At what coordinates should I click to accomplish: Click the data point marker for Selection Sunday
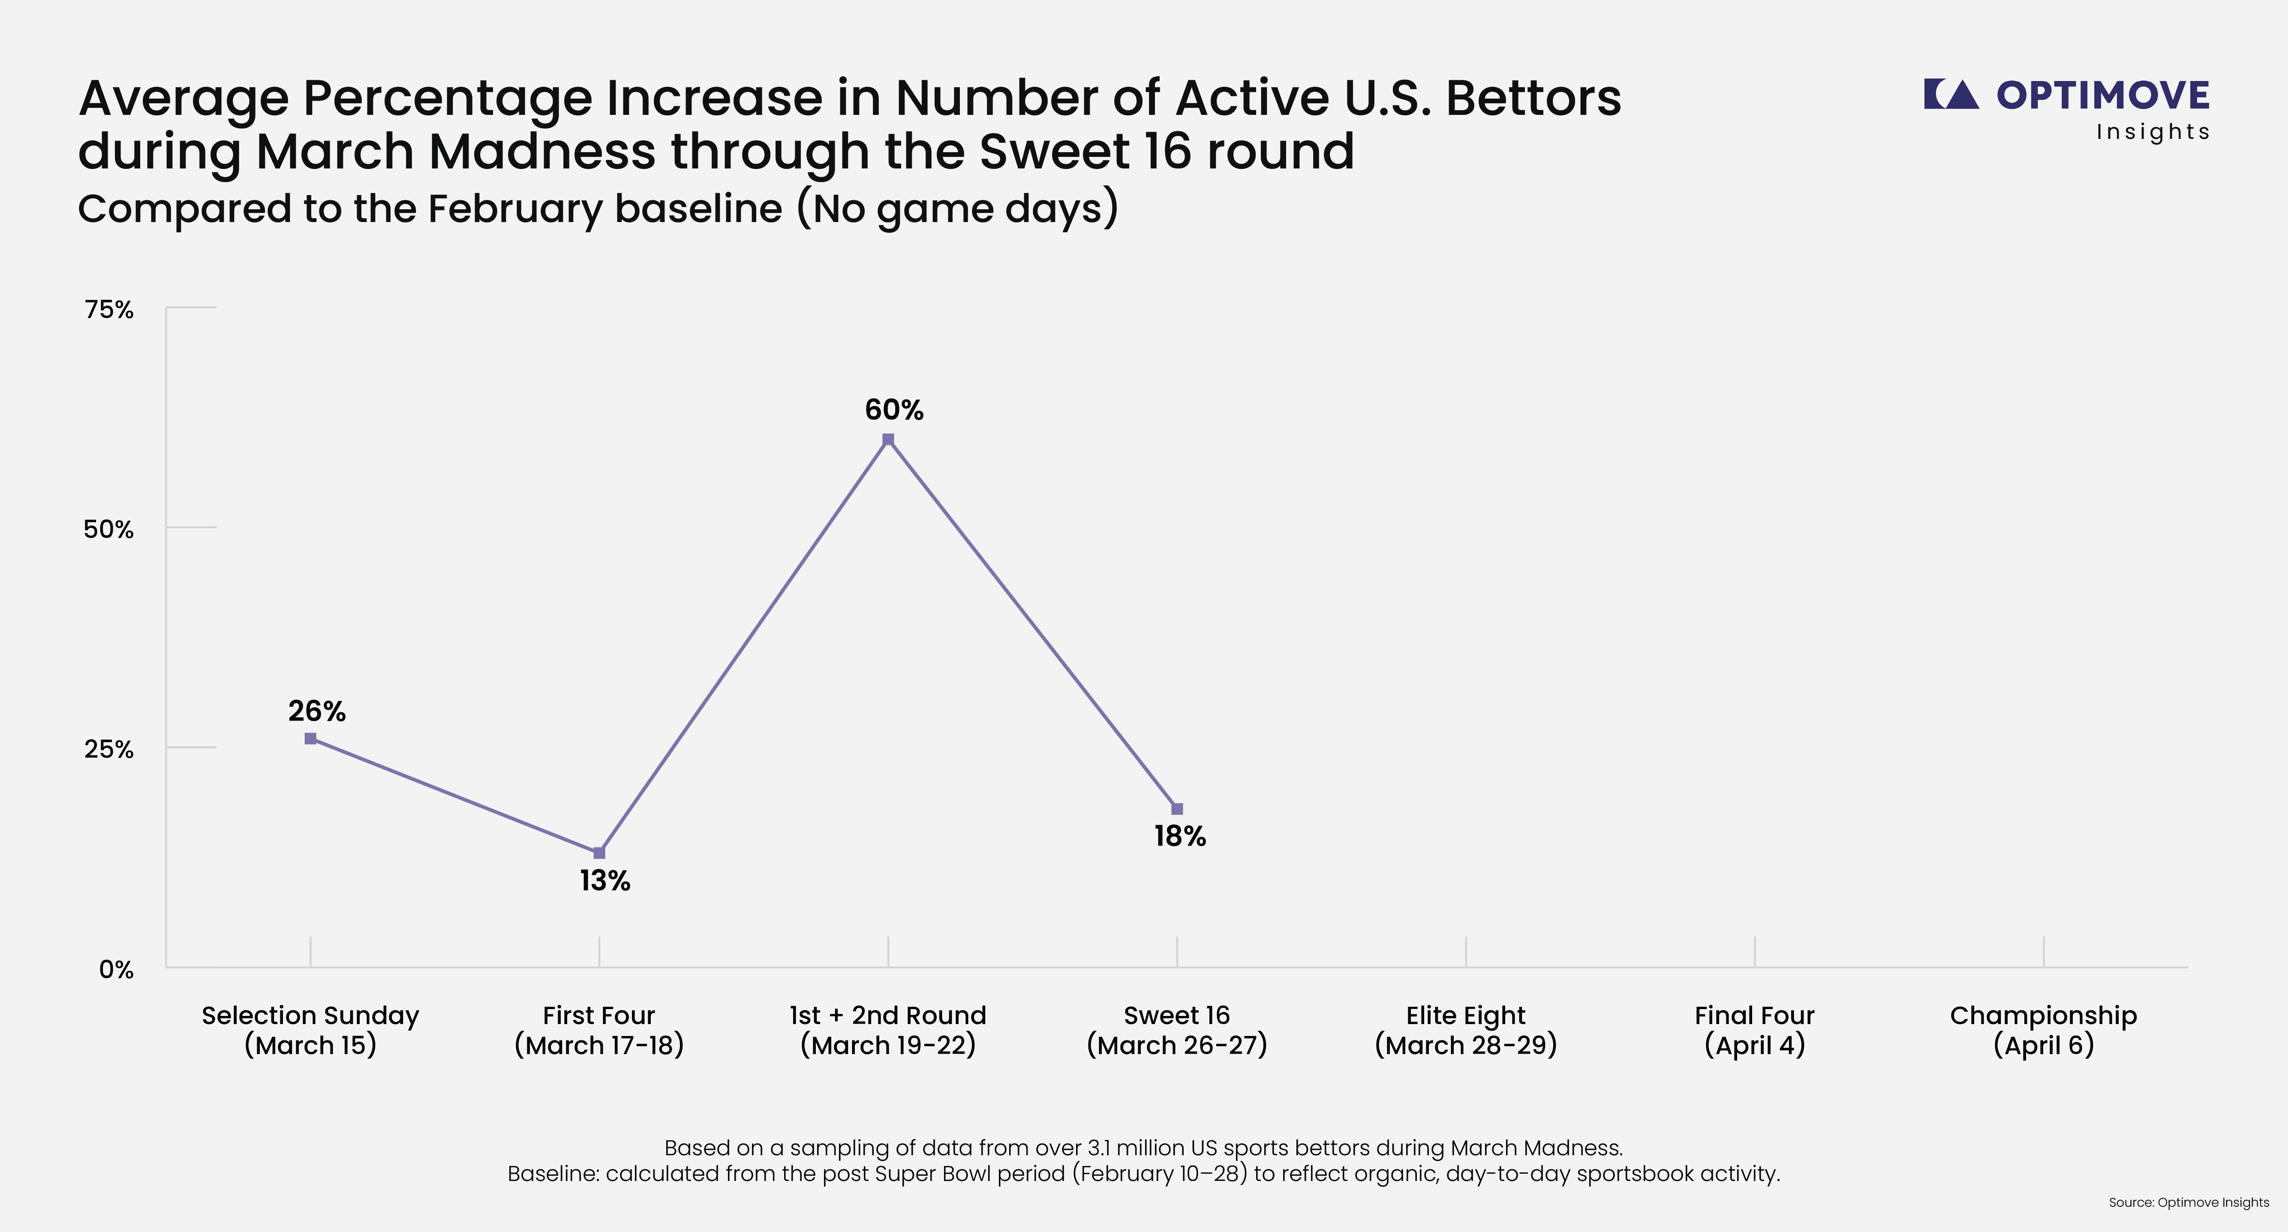(310, 738)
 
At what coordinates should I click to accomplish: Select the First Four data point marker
(599, 853)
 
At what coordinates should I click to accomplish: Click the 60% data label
(893, 409)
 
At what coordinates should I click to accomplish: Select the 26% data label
(316, 711)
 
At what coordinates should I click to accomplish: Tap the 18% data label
(1179, 836)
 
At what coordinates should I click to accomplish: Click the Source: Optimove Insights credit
(2189, 1203)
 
